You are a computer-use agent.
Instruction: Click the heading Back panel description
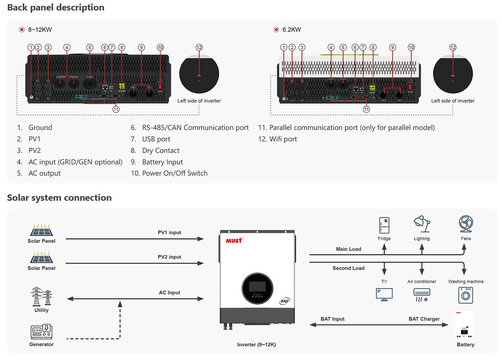pyautogui.click(x=56, y=8)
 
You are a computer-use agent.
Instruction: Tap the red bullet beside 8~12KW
pyautogui.click(x=22, y=30)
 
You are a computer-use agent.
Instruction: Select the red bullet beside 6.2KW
pyautogui.click(x=276, y=30)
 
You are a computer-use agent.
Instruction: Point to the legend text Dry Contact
pyautogui.click(x=161, y=151)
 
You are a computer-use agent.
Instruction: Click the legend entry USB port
pyautogui.click(x=156, y=139)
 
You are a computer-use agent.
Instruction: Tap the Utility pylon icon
pyautogui.click(x=41, y=296)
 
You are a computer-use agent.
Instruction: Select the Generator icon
pyautogui.click(x=41, y=332)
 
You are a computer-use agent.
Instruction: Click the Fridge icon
pyautogui.click(x=384, y=225)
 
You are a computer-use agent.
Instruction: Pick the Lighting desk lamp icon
pyautogui.click(x=422, y=224)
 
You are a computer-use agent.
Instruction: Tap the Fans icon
pyautogui.click(x=466, y=224)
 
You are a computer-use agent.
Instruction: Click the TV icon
pyautogui.click(x=384, y=294)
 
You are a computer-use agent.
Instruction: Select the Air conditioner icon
pyautogui.click(x=422, y=295)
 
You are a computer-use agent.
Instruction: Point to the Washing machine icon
pyautogui.click(x=466, y=295)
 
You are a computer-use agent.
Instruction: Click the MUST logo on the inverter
pyautogui.click(x=234, y=240)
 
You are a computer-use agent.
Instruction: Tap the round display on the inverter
pyautogui.click(x=257, y=288)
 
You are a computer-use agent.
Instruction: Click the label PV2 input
pyautogui.click(x=169, y=257)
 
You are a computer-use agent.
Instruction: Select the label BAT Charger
pyautogui.click(x=424, y=319)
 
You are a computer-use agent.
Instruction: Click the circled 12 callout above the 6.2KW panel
pyautogui.click(x=453, y=47)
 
